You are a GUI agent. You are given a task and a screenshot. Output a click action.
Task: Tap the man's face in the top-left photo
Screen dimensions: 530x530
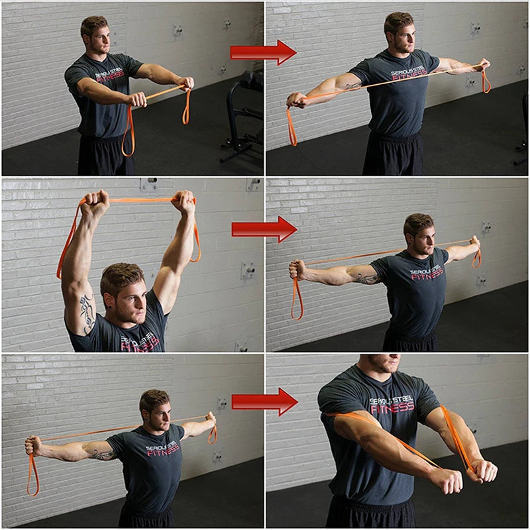click(97, 38)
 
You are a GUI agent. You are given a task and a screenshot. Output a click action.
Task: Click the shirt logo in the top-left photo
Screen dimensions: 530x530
click(109, 77)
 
